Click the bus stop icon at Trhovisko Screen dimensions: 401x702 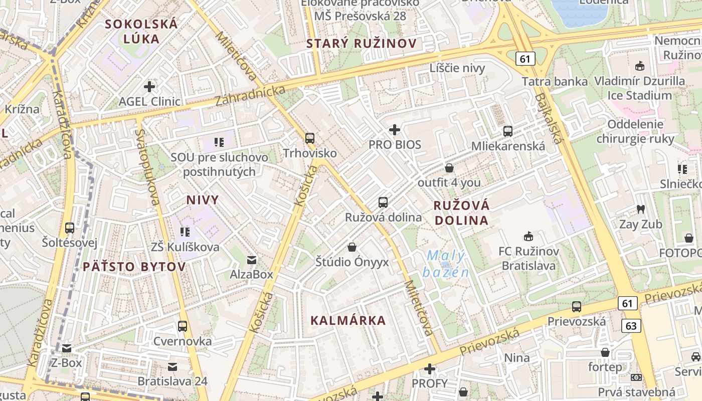tap(310, 138)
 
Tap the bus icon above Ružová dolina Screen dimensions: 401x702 tap(383, 203)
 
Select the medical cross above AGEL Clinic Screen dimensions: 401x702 tap(149, 87)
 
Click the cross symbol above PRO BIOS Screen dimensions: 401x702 tap(395, 130)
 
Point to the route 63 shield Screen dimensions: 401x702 tap(631, 326)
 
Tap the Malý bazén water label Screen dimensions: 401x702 tap(446, 264)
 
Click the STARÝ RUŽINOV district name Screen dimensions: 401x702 tap(361, 44)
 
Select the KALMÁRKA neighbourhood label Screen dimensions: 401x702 tap(348, 321)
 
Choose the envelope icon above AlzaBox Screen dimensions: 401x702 tap(251, 260)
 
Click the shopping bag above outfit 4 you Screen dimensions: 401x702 tap(449, 168)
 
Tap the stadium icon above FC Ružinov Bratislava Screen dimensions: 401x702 tap(529, 236)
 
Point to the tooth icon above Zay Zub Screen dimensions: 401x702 tap(640, 209)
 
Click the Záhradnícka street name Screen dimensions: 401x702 tap(250, 96)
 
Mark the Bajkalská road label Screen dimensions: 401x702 tap(549, 118)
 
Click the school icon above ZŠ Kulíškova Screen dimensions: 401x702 tap(185, 232)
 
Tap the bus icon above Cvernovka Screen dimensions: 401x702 tap(183, 326)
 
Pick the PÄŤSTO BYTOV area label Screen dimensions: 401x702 tap(134, 267)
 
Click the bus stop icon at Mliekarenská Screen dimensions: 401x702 tap(508, 131)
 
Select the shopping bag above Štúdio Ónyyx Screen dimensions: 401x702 tap(352, 247)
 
